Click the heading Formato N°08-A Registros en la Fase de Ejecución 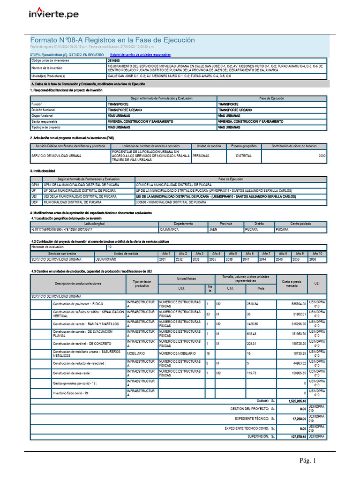point(112,40)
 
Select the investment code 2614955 point(113,61)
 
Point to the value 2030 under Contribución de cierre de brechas point(322,156)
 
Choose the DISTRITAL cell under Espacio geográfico point(244,156)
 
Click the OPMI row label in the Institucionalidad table point(36,185)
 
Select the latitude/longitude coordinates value point(62,230)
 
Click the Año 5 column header point(232,254)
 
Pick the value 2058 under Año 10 point(313,259)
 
